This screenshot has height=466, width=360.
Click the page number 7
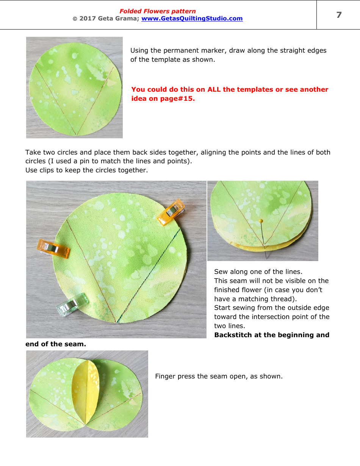click(x=339, y=15)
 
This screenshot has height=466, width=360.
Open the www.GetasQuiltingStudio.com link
click(x=192, y=19)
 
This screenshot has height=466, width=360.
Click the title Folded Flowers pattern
click(x=158, y=11)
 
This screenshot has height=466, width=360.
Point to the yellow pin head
click(x=261, y=220)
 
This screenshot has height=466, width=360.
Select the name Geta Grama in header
click(x=117, y=19)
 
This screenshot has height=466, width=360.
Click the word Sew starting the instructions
click(x=221, y=272)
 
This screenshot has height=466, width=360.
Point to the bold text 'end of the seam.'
click(x=56, y=344)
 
